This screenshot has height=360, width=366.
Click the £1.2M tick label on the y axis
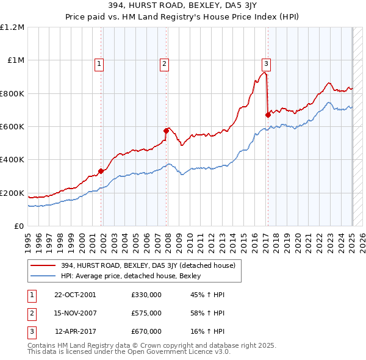[12, 27]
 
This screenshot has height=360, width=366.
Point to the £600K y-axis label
[12, 127]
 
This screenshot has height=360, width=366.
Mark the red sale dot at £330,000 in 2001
[101, 171]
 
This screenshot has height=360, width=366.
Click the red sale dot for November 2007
[167, 131]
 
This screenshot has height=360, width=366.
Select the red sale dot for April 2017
[268, 115]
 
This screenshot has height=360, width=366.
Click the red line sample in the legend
[43, 265]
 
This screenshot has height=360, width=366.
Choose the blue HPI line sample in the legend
[43, 276]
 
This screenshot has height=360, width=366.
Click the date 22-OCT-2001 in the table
[75, 295]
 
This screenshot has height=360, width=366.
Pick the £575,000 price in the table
[146, 313]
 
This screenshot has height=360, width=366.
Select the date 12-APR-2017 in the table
[76, 331]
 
